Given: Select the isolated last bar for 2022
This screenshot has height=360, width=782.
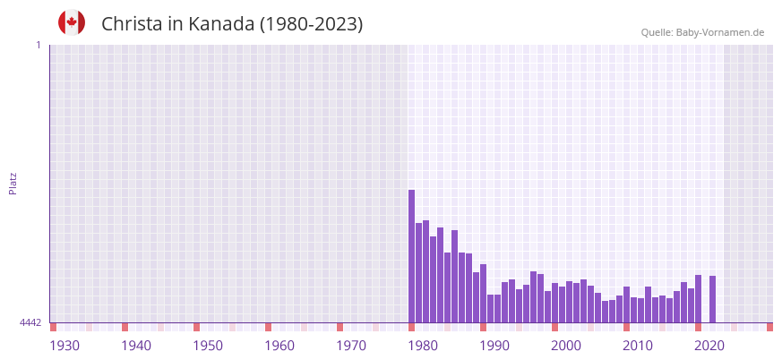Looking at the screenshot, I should click(x=712, y=299).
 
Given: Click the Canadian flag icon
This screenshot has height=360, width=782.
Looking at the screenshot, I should click(x=72, y=22).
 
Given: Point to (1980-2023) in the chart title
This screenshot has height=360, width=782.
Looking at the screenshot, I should click(x=311, y=24).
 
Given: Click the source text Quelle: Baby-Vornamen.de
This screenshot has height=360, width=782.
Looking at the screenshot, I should click(x=702, y=32).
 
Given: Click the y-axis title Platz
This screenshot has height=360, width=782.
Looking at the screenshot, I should click(x=13, y=183).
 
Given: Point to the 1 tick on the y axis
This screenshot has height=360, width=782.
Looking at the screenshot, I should click(x=38, y=45).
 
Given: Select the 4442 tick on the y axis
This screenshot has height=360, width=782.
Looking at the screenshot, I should click(x=30, y=322).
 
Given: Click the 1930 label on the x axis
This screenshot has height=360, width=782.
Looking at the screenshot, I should click(x=64, y=346).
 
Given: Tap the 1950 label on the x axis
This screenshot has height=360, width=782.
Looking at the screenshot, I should click(x=208, y=346).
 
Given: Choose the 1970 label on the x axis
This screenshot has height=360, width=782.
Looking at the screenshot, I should click(x=351, y=346).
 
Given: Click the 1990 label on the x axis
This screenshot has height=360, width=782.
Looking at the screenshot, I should click(x=494, y=346).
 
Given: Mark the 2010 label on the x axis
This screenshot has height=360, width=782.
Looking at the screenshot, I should click(x=638, y=346).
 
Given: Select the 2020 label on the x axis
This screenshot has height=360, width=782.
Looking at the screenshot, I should click(x=709, y=346).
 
